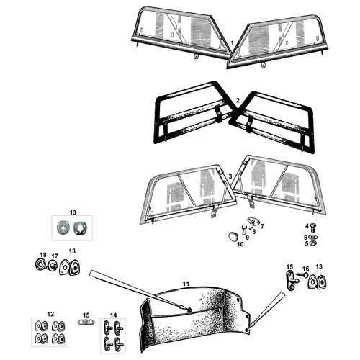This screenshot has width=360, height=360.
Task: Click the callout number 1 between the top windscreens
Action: pyautogui.click(x=232, y=43)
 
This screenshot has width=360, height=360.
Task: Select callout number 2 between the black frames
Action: pyautogui.click(x=238, y=100)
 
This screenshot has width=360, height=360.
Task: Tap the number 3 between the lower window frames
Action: pyautogui.click(x=230, y=176)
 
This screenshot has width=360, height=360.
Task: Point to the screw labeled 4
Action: pyautogui.click(x=314, y=227)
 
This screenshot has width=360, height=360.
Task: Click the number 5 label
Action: pyautogui.click(x=307, y=243)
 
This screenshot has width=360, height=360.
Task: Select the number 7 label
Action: pyautogui.click(x=262, y=226)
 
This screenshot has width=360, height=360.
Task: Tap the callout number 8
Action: pyautogui.click(x=254, y=232)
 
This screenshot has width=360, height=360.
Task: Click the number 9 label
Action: pyautogui.click(x=247, y=238)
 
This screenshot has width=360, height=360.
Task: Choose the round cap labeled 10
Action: pyautogui.click(x=233, y=236)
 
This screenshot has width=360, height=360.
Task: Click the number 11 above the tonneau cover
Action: pyautogui.click(x=186, y=284)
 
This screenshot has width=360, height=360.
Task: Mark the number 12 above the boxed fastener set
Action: pyautogui.click(x=50, y=314)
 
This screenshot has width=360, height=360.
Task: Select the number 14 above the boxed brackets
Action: pyautogui.click(x=113, y=315)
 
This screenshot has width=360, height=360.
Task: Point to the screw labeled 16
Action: pyautogui.click(x=302, y=274)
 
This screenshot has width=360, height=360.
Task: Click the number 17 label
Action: pyautogui.click(x=55, y=256)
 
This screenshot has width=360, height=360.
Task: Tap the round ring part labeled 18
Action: pyautogui.click(x=40, y=264)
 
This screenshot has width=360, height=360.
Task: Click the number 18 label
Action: pyautogui.click(x=43, y=255)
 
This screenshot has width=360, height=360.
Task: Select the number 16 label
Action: pyautogui.click(x=306, y=269)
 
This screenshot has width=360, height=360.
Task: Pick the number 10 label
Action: pyautogui.click(x=240, y=244)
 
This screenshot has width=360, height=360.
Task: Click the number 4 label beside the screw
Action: pyautogui.click(x=307, y=226)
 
